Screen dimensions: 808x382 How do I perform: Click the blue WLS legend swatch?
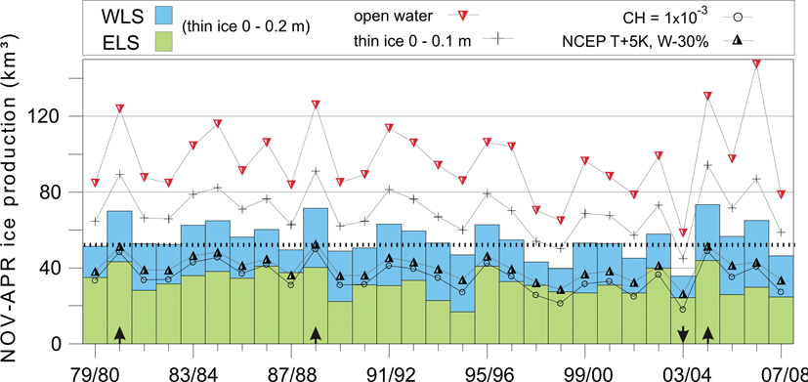(x=163, y=15)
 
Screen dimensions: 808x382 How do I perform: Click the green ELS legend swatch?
(x=163, y=42)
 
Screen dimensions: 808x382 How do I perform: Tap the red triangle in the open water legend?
(x=463, y=17)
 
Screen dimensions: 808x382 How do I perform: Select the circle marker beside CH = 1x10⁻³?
(x=739, y=17)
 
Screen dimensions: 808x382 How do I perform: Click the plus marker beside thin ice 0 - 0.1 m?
(x=495, y=40)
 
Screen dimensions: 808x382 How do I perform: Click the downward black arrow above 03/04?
(x=683, y=334)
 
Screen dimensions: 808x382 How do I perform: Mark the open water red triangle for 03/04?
(x=683, y=233)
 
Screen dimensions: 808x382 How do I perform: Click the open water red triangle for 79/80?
(x=96, y=183)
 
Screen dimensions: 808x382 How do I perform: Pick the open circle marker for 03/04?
(x=683, y=310)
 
